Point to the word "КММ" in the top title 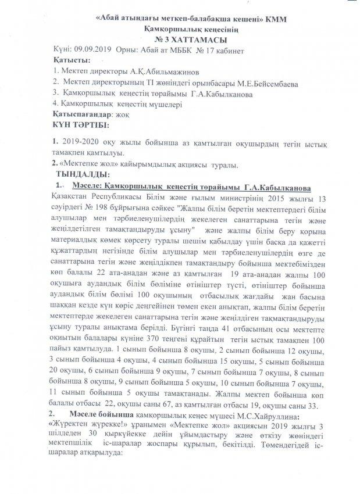276,19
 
